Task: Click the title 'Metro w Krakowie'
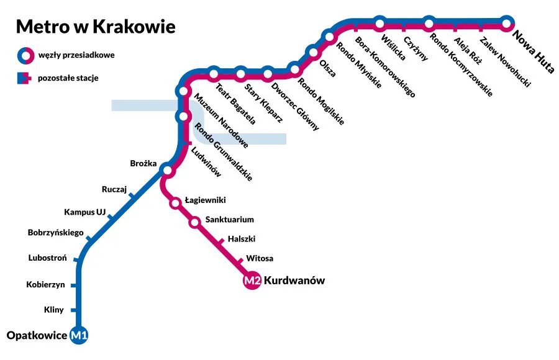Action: click(x=95, y=27)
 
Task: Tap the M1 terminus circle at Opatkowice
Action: click(x=80, y=336)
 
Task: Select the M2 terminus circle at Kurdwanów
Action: click(x=252, y=281)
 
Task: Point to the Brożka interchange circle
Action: click(x=166, y=170)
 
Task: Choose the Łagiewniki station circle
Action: click(x=176, y=202)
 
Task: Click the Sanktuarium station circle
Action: click(x=195, y=222)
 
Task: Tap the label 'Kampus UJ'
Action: click(x=84, y=212)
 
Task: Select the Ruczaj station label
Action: click(x=114, y=189)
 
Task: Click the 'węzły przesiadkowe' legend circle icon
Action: click(x=24, y=55)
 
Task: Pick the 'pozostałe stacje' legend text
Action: click(x=68, y=78)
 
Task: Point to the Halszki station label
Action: click(x=242, y=238)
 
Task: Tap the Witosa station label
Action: click(x=260, y=258)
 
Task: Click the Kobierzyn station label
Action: click(x=45, y=285)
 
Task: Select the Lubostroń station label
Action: click(x=47, y=258)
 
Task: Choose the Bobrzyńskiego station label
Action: click(x=55, y=233)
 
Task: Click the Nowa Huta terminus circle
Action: click(x=507, y=24)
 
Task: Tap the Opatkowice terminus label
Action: click(x=37, y=336)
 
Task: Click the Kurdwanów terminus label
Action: click(x=294, y=281)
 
